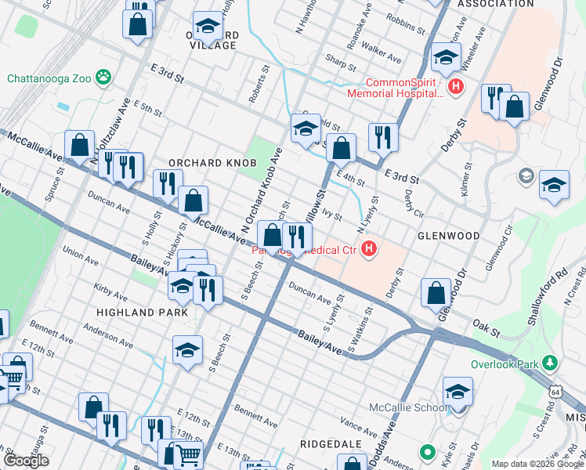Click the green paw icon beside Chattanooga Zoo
point(103,77)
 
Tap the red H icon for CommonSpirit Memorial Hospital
point(454,85)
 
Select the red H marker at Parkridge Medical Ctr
point(369,251)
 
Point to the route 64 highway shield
point(555,391)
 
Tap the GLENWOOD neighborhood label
point(449,235)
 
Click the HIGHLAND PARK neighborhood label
point(141,312)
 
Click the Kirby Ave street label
point(110,291)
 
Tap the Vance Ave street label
point(360,428)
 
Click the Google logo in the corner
point(27,460)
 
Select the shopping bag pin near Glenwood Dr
point(436,293)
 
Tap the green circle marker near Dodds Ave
point(427,452)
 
